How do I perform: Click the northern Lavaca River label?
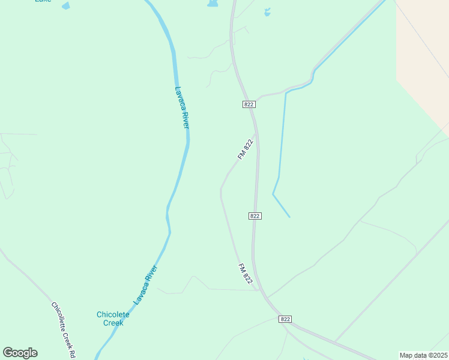click(182, 107)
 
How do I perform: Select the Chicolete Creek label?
click(110, 319)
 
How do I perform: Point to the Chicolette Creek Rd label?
click(64, 329)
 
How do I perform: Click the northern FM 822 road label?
click(246, 149)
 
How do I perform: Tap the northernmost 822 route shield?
click(249, 104)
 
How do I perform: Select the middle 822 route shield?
click(255, 215)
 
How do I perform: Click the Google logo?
click(20, 353)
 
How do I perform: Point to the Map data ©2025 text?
click(423, 355)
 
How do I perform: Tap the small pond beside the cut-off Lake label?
click(65, 6)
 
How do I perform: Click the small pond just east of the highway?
click(267, 11)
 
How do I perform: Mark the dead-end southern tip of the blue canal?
click(289, 217)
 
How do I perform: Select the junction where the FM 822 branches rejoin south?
click(259, 290)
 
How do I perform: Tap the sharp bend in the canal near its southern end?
click(273, 194)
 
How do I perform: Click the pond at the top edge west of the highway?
click(212, 4)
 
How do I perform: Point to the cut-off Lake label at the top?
click(43, 1)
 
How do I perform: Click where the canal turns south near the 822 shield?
click(286, 93)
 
